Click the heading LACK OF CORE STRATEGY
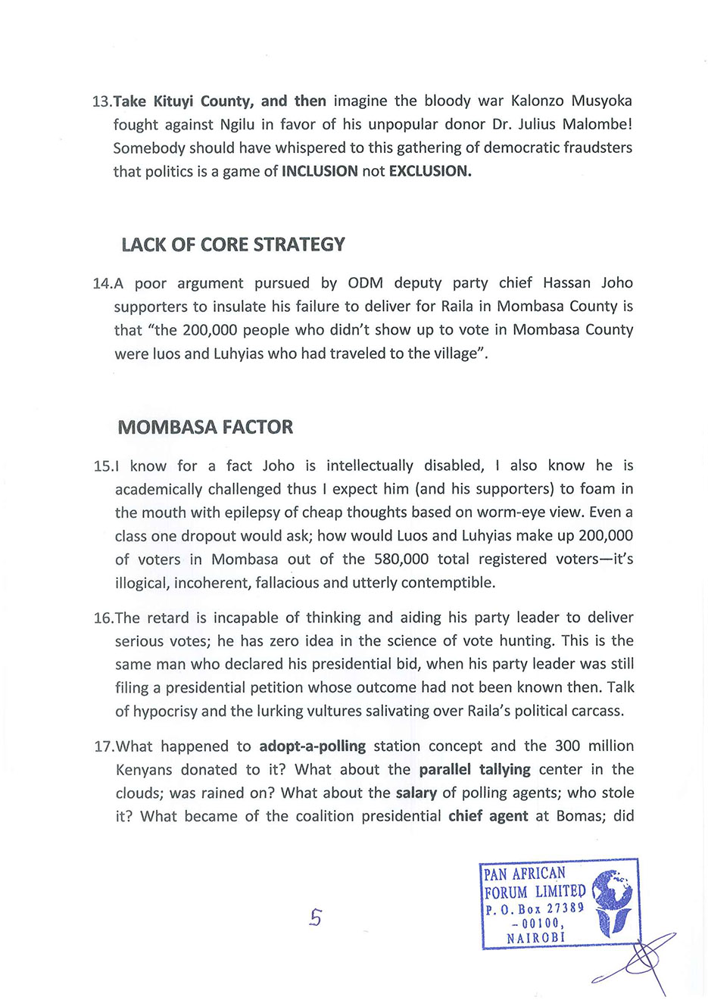(232, 245)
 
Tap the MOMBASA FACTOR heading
(205, 427)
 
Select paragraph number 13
(101, 101)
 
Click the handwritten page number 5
(315, 917)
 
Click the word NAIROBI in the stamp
(535, 937)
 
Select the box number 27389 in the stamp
(566, 908)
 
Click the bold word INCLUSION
(320, 171)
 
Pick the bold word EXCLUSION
(430, 171)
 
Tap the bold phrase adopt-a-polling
(312, 746)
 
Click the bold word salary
(416, 793)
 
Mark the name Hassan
(567, 283)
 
